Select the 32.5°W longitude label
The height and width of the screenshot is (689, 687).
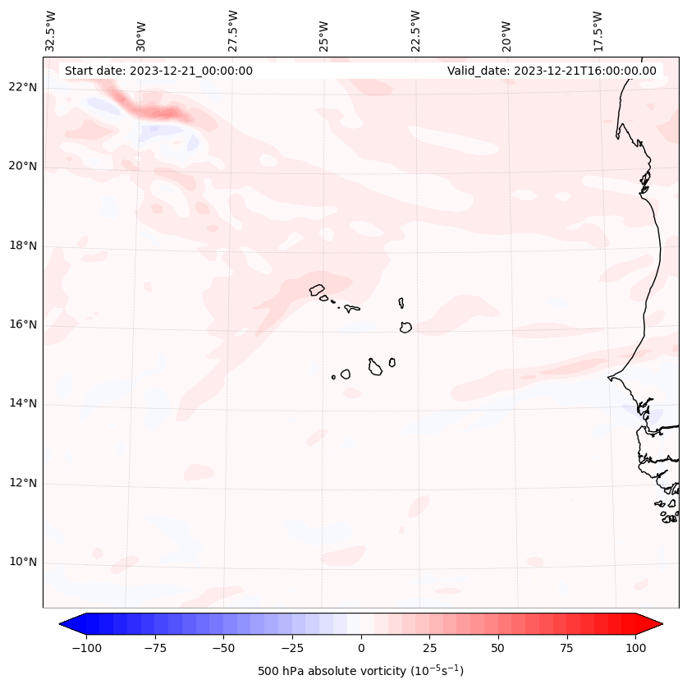(x=51, y=30)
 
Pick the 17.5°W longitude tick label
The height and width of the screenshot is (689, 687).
(x=598, y=30)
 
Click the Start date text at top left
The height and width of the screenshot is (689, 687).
(x=158, y=71)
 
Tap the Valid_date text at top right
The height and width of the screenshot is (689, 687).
(x=552, y=71)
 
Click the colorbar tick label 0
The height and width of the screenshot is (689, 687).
(x=361, y=648)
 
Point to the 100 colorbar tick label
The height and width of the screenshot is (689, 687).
(x=636, y=648)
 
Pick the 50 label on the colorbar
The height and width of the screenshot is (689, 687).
(x=498, y=648)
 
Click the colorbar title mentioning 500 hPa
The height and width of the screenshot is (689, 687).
(x=361, y=671)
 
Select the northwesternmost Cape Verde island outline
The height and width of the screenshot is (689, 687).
(x=317, y=290)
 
